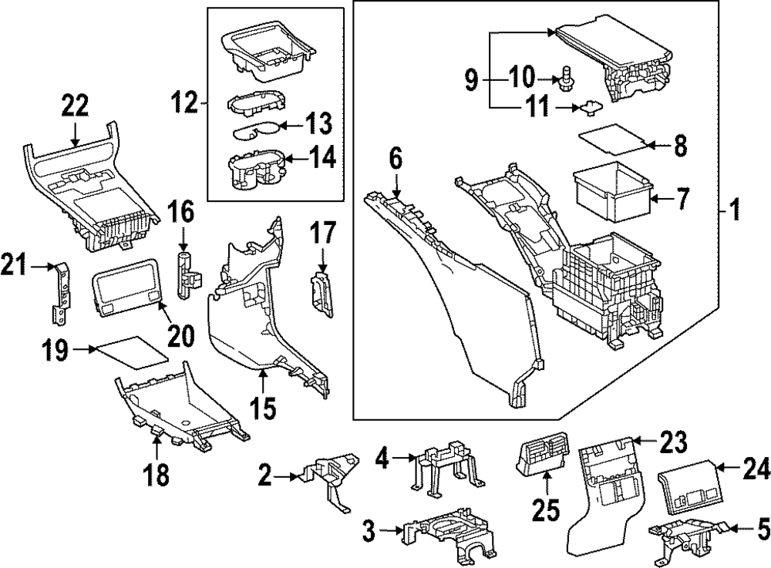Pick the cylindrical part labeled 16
(x=186, y=273)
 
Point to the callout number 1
(x=736, y=208)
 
